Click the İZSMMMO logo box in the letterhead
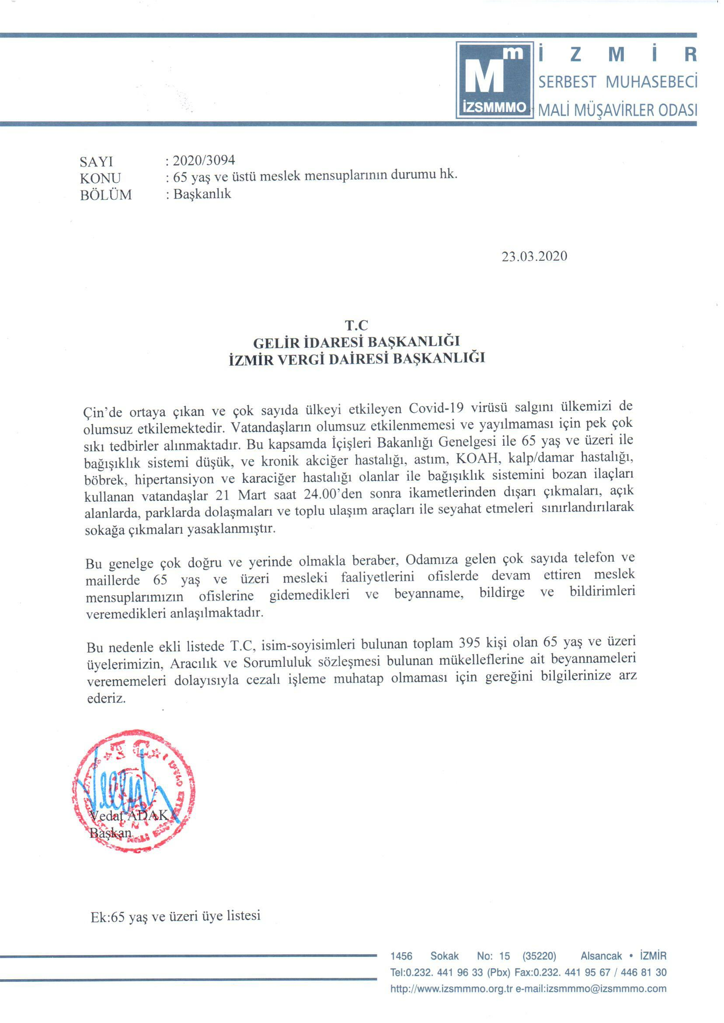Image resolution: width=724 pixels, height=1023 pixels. tap(494, 80)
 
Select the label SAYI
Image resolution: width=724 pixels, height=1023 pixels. tap(96, 161)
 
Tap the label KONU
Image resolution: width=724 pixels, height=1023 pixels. tap(100, 178)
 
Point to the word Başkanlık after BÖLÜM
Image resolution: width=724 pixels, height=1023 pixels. tap(202, 194)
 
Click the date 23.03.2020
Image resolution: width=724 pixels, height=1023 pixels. tap(534, 256)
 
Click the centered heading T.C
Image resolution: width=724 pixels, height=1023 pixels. tap(356, 325)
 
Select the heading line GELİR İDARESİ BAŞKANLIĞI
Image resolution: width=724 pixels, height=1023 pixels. tap(356, 342)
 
